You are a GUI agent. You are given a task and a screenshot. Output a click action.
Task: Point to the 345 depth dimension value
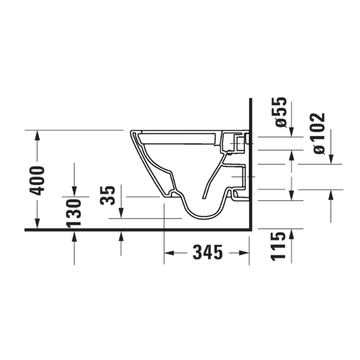click(x=206, y=253)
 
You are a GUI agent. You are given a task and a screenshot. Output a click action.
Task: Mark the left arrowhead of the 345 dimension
click(x=170, y=253)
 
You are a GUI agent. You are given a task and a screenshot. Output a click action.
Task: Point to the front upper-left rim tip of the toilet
click(x=132, y=132)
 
